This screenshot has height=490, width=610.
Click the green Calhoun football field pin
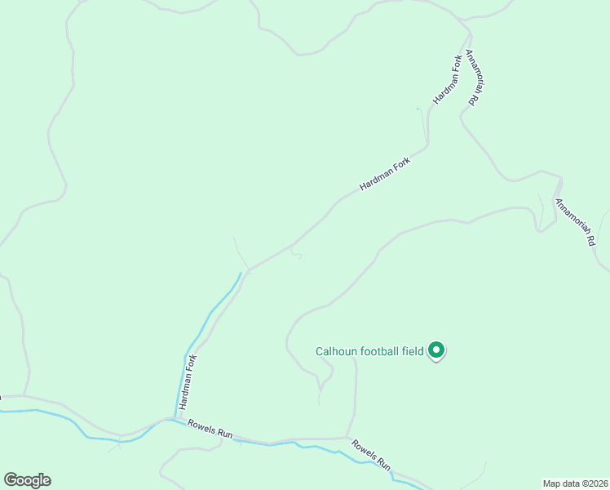pos(436,350)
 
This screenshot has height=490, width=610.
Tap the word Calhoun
pos(335,352)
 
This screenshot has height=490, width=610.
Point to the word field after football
pos(413,352)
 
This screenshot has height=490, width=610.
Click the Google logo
pos(27,480)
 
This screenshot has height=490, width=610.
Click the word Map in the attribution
pos(552,483)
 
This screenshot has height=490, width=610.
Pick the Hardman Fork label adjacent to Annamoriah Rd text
pos(448,79)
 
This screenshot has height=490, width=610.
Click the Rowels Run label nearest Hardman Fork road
pos(210,430)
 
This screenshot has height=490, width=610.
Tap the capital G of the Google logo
pos(11,480)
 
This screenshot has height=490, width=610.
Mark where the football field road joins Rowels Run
pos(348,437)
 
